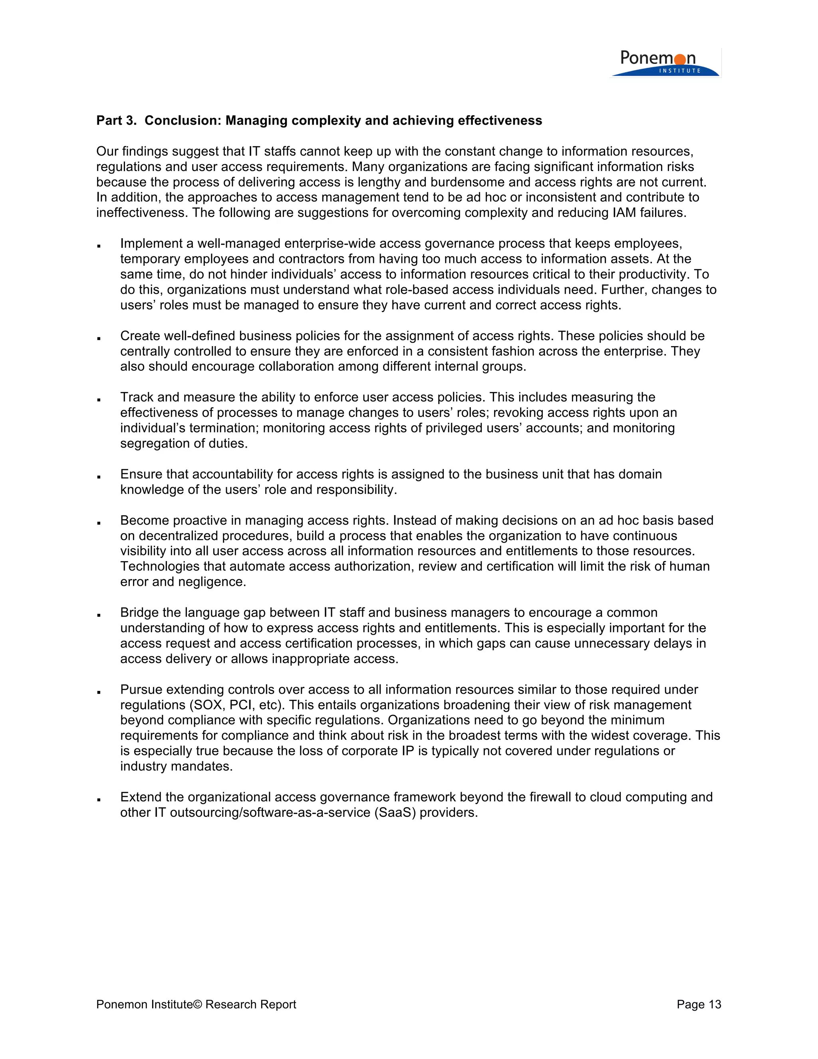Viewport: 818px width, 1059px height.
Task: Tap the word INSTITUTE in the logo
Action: pos(679,71)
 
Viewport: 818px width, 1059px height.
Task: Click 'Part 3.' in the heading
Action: pos(116,120)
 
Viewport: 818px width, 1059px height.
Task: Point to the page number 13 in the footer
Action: pos(715,1004)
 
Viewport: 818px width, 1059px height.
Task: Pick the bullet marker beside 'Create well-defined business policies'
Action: pos(99,338)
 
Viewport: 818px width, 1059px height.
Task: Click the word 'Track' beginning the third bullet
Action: pos(137,397)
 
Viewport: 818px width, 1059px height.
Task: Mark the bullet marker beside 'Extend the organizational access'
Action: pos(99,799)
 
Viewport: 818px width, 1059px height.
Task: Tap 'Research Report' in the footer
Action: pos(250,1004)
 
